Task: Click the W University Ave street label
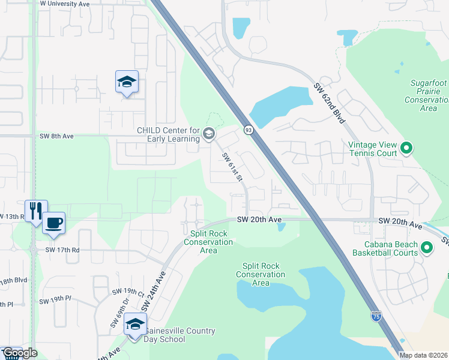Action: pos(64,4)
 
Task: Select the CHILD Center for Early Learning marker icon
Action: pos(209,133)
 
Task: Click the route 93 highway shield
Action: pos(248,130)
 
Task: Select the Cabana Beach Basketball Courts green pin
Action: pos(427,247)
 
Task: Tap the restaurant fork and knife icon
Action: pos(36,211)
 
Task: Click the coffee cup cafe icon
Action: pos(53,223)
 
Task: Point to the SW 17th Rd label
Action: pos(62,250)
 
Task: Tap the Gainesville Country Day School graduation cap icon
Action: pos(136,325)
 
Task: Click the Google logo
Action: pos(19,353)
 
